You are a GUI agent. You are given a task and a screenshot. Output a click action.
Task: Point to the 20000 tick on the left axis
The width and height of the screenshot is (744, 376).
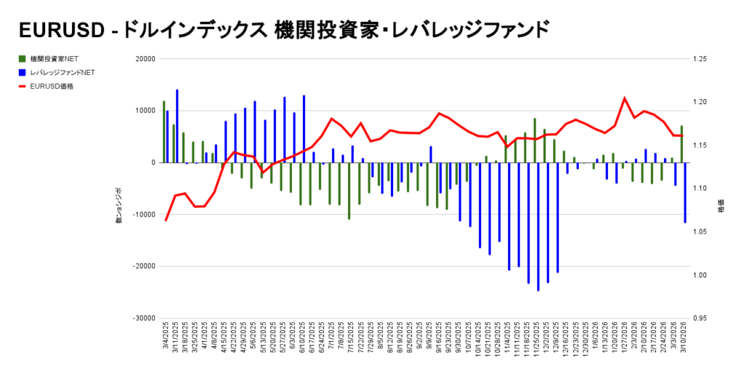[x=145, y=59]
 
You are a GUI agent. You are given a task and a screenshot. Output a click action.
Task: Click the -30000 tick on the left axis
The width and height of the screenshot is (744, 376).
[x=144, y=319]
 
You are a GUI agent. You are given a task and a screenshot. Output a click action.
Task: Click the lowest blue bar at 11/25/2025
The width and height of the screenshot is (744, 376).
[x=538, y=226]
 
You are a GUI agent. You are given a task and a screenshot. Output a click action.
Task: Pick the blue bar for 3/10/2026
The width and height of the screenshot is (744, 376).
[x=685, y=193]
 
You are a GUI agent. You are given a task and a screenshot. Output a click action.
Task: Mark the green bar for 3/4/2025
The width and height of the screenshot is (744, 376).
[x=164, y=132]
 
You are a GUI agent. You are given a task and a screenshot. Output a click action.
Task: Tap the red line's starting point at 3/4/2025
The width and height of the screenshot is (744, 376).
[x=166, y=220]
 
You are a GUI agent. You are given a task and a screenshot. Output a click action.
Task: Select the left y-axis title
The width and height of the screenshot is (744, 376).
[x=119, y=205]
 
